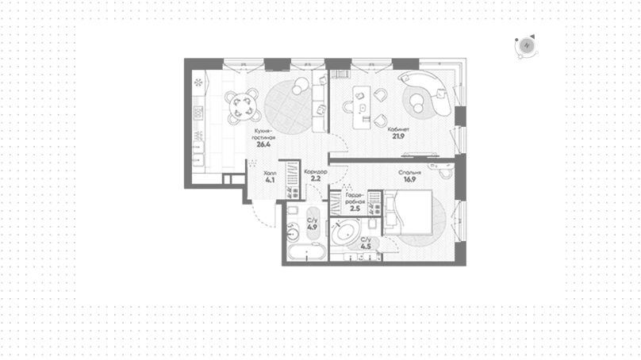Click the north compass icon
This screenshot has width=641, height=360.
[x=527, y=46]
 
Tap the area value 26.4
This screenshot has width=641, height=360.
[x=263, y=144]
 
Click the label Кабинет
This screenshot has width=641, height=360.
[x=398, y=129]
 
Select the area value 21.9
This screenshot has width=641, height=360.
[x=398, y=136]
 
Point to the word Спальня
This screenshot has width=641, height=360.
[x=409, y=173]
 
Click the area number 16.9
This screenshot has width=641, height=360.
[x=409, y=179]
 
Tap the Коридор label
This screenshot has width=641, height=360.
[x=316, y=172]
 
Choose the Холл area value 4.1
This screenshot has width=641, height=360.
[x=270, y=180]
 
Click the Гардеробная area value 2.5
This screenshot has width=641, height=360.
[x=355, y=209]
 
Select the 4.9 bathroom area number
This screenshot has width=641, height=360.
[x=313, y=228]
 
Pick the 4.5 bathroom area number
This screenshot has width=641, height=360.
[x=366, y=247]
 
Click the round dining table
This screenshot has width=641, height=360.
[x=243, y=106]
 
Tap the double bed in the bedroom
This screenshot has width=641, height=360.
[x=408, y=213]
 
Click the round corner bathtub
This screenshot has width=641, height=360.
[x=346, y=233]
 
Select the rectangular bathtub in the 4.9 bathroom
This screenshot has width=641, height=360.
[x=306, y=251]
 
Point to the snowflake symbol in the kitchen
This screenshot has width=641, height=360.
[x=198, y=83]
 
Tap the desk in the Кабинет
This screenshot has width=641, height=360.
[x=363, y=109]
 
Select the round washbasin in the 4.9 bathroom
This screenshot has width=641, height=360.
[x=293, y=234]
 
